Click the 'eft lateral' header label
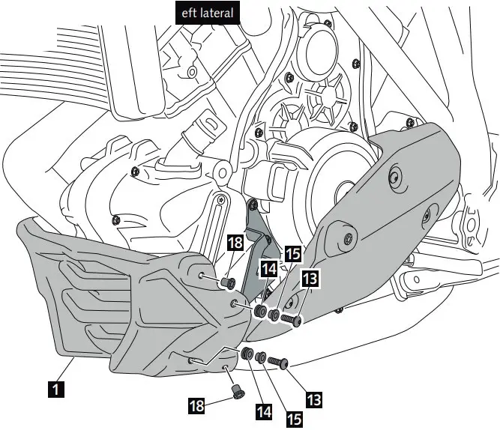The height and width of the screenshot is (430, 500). tap(207, 13)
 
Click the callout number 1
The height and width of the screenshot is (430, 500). tap(55, 389)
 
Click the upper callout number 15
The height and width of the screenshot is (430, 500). tap(293, 253)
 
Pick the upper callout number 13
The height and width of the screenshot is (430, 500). tap(310, 279)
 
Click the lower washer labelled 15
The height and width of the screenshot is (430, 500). tap(261, 357)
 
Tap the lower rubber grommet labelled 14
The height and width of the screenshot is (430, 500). tap(247, 352)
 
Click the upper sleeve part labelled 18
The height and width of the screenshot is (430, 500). tap(226, 282)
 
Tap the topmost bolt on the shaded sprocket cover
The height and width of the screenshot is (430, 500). tap(397, 178)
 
